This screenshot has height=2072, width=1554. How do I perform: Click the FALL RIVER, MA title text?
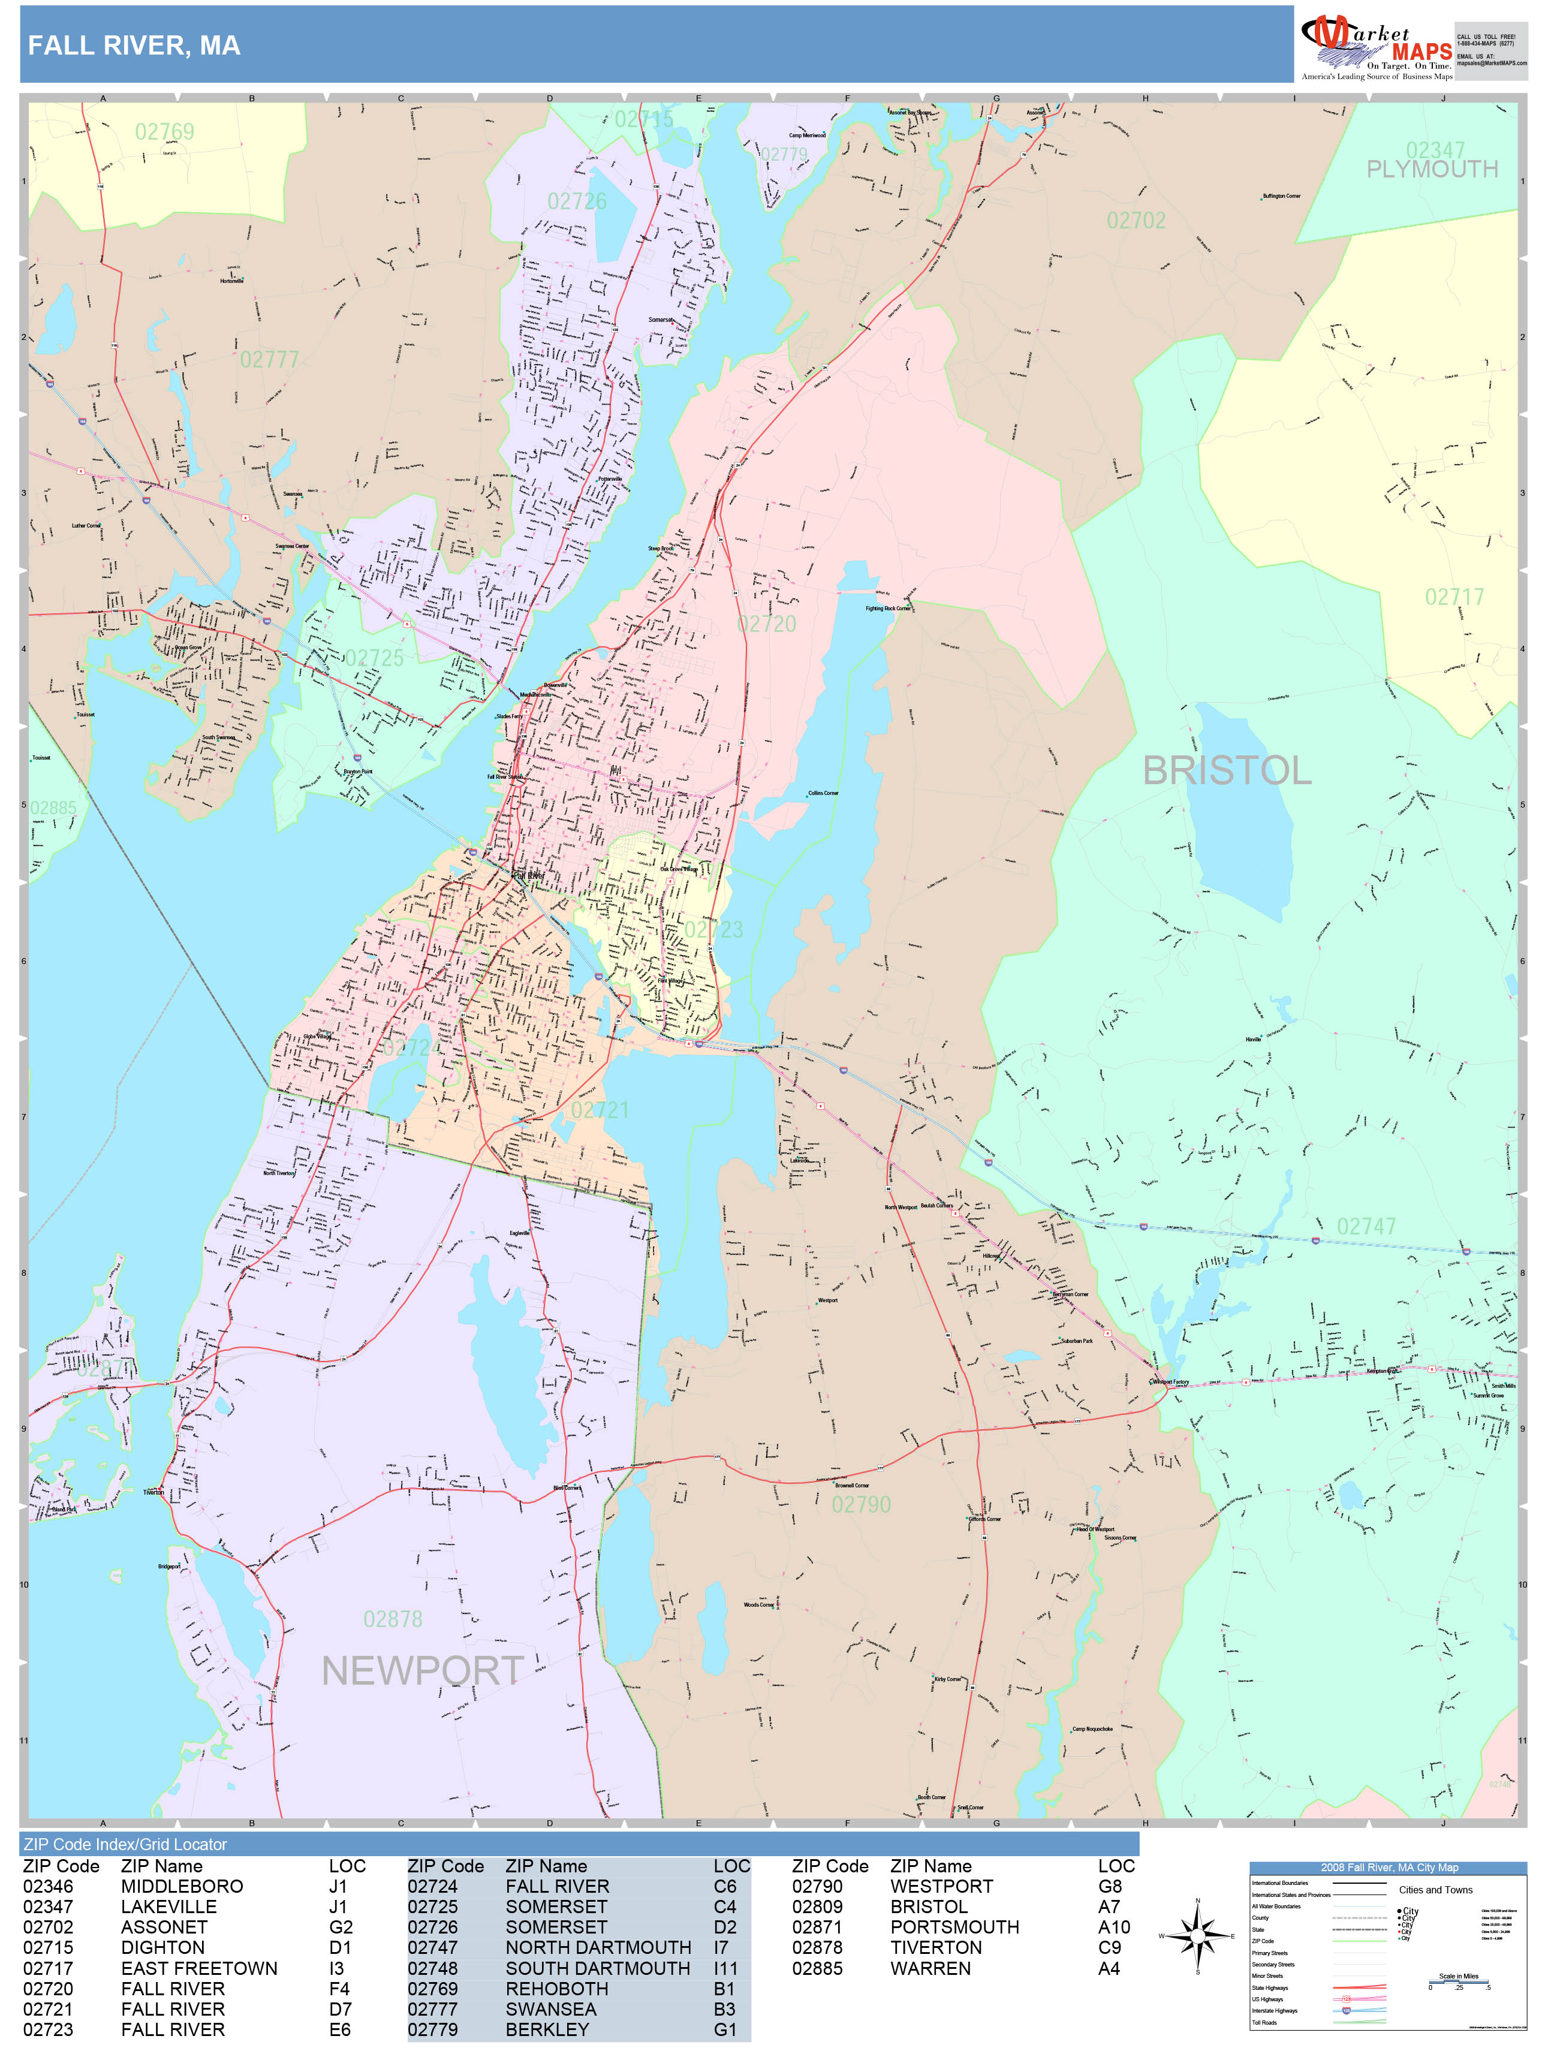pyautogui.click(x=134, y=45)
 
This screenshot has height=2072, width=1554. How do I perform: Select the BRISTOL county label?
pyautogui.click(x=1226, y=771)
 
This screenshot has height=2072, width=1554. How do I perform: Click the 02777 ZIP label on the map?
pyautogui.click(x=269, y=360)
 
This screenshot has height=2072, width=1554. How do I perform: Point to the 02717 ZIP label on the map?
pyautogui.click(x=1454, y=597)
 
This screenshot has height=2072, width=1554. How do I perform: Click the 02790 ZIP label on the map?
pyautogui.click(x=861, y=1504)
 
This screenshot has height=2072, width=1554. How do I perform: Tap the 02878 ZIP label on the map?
pyautogui.click(x=393, y=1619)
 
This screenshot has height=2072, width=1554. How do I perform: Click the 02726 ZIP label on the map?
pyautogui.click(x=576, y=201)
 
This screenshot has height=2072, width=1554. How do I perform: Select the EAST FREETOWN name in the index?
pyautogui.click(x=198, y=1968)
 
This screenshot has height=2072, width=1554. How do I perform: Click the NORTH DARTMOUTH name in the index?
pyautogui.click(x=598, y=1947)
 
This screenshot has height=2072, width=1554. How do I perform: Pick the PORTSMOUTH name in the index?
pyautogui.click(x=954, y=1927)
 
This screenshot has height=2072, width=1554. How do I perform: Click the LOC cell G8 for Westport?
pyautogui.click(x=1109, y=1886)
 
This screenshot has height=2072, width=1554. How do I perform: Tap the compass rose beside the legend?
pyautogui.click(x=1197, y=1936)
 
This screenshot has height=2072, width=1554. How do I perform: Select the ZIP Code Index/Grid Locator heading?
pyautogui.click(x=125, y=1844)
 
